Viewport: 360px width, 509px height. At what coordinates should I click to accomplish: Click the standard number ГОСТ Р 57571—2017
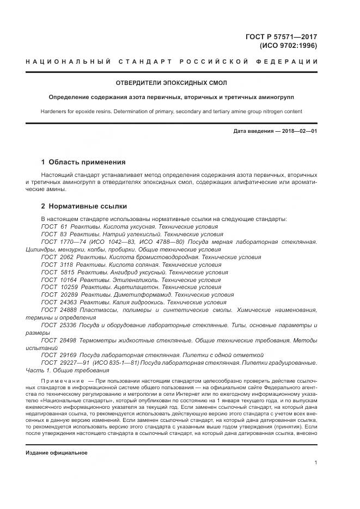(x=282, y=36)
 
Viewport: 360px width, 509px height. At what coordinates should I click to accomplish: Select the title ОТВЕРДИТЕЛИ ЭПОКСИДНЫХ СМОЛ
(x=171, y=83)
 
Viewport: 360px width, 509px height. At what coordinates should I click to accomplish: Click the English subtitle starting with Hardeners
(x=171, y=111)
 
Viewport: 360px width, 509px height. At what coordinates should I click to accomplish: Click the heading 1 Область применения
(x=83, y=162)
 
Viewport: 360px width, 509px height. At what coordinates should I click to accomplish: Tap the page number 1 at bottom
(x=316, y=462)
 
